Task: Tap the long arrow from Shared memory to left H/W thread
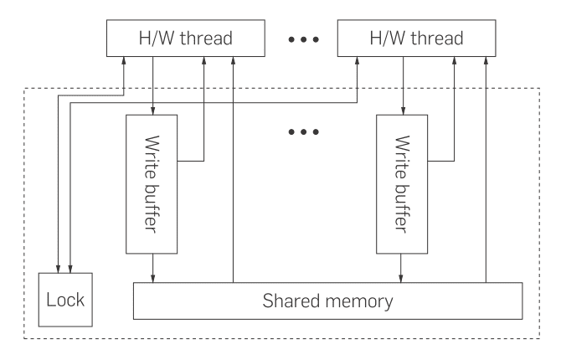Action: [x=233, y=167]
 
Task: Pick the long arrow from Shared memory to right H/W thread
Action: [x=486, y=167]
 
